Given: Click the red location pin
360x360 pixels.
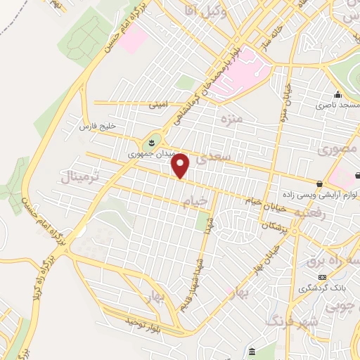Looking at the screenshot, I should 181,166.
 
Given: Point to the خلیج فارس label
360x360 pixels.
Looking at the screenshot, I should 98,127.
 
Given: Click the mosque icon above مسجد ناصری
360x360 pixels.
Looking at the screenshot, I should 338,94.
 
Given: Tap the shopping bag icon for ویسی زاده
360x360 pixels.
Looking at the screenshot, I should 320,184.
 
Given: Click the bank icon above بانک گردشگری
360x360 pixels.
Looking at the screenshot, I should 323,277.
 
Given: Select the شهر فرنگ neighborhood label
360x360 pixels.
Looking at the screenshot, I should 291,321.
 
